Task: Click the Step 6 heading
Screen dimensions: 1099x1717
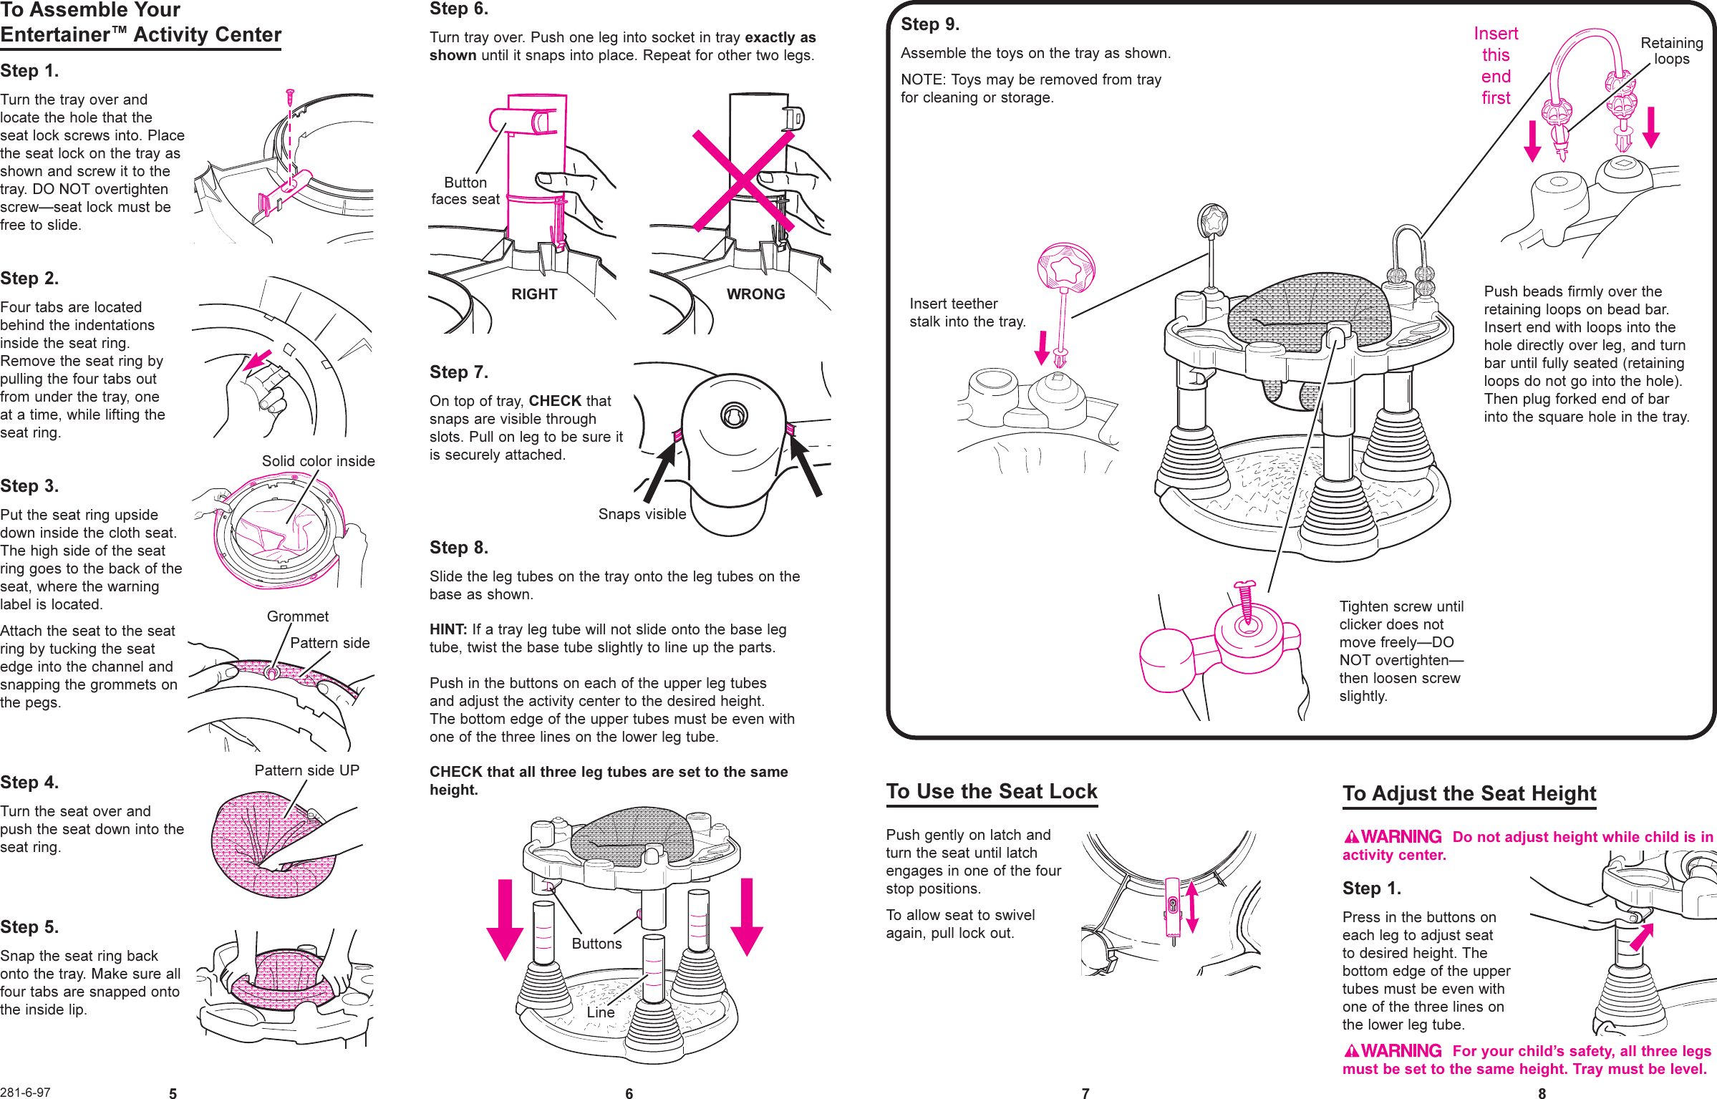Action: [x=458, y=9]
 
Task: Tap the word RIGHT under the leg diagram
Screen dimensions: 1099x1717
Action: [x=533, y=294]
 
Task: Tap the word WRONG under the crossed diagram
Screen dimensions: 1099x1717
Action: [x=755, y=294]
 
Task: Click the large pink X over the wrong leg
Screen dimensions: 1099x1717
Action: [x=743, y=180]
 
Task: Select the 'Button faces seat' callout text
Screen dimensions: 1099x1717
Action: [x=465, y=191]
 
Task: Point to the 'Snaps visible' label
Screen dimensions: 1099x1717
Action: [x=642, y=514]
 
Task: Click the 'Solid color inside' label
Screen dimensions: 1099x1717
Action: [x=318, y=461]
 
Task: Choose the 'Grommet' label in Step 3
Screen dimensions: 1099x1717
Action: [x=297, y=616]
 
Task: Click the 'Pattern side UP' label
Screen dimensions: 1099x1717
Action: [x=306, y=770]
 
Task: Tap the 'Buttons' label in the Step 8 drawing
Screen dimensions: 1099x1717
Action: [x=596, y=944]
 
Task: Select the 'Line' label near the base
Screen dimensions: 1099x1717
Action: [x=600, y=1012]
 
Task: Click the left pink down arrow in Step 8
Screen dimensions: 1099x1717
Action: [x=505, y=920]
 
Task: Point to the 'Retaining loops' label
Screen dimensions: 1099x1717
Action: [x=1671, y=51]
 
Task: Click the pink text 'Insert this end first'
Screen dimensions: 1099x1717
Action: [x=1496, y=66]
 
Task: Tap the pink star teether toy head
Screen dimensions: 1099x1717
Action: [x=1065, y=268]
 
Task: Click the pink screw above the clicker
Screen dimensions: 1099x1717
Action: [x=1246, y=600]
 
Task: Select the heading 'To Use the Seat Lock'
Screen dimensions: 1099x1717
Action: [x=991, y=792]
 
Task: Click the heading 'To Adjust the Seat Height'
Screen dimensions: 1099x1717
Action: [x=1469, y=794]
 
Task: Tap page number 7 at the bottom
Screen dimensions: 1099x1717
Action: [x=1085, y=1093]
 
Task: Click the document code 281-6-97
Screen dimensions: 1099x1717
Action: [x=26, y=1092]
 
